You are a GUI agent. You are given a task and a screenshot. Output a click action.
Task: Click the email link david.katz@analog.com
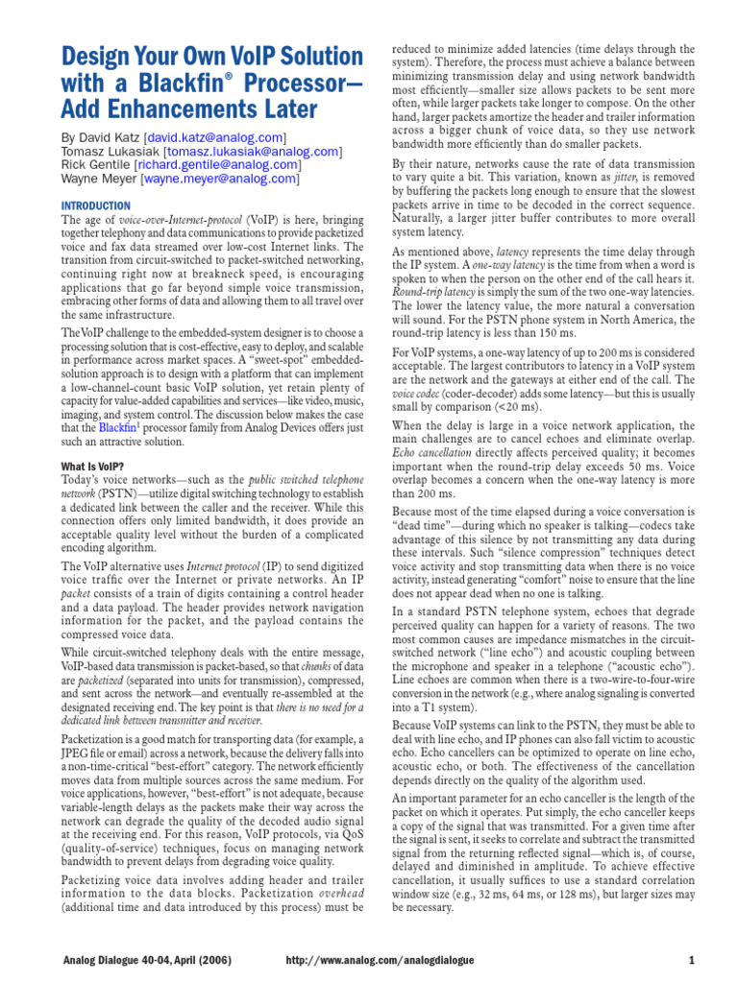[x=215, y=137]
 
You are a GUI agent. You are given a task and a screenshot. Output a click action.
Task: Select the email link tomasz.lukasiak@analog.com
[x=253, y=151]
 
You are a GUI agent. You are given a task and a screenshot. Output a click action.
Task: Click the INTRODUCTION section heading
[x=96, y=205]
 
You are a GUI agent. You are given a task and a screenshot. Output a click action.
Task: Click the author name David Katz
[x=111, y=137]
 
